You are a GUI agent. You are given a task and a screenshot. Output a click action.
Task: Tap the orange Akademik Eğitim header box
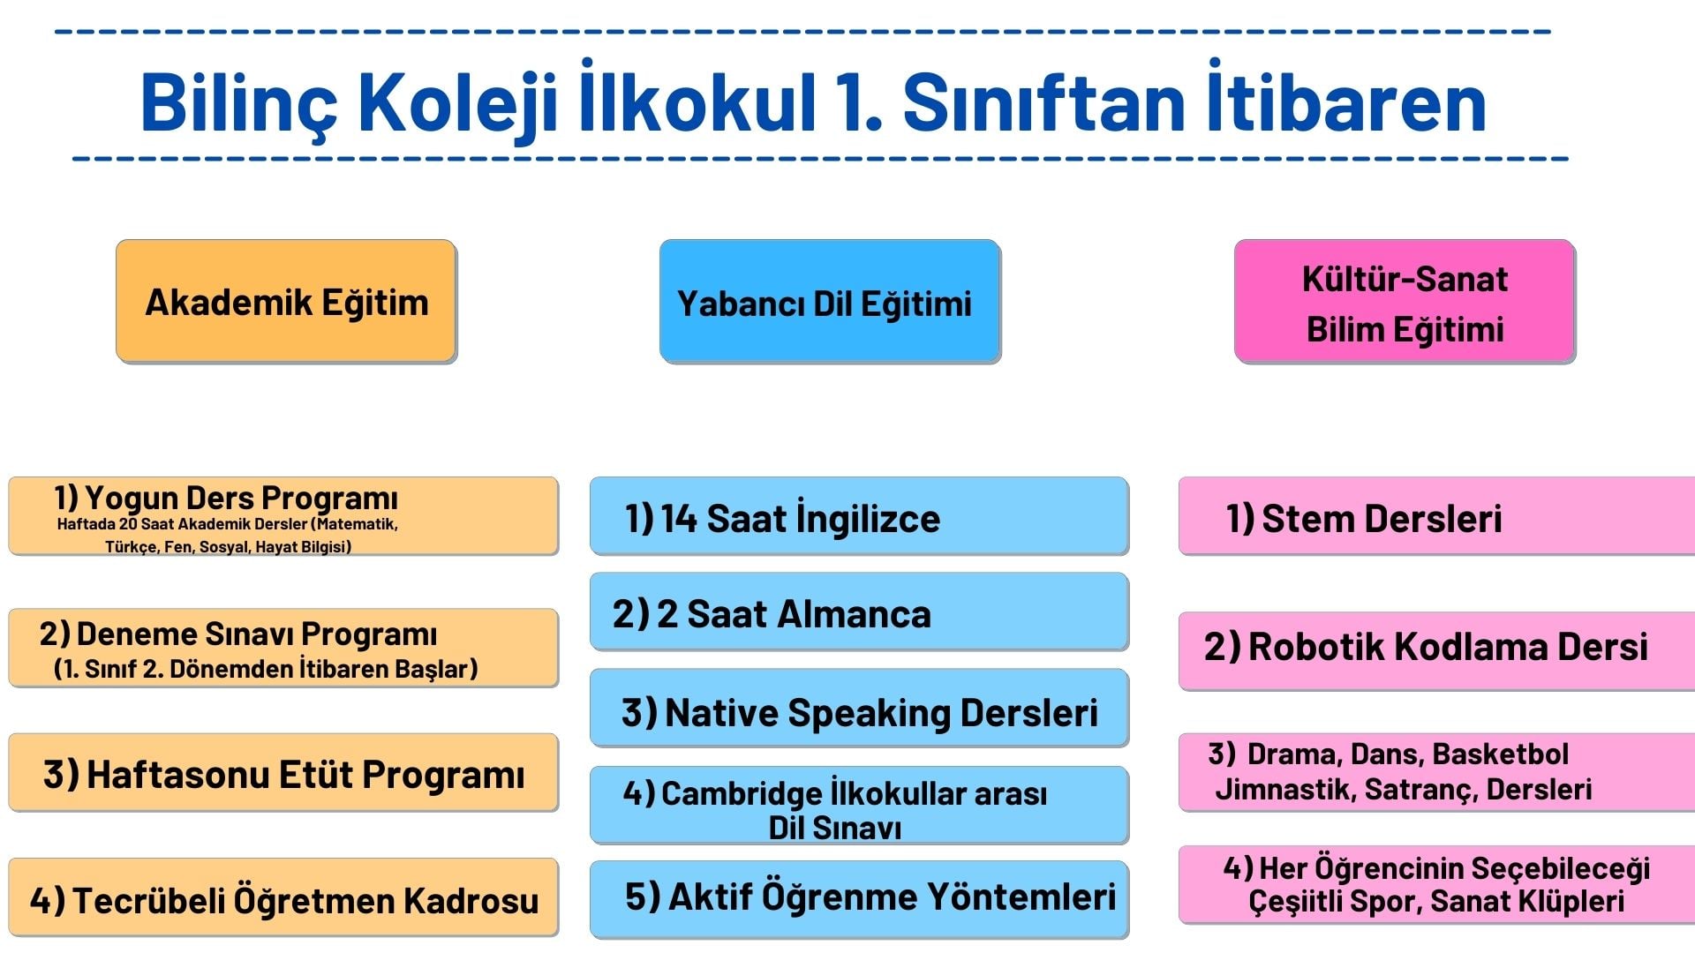287,301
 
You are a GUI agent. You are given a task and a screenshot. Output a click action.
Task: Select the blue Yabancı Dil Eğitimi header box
830,301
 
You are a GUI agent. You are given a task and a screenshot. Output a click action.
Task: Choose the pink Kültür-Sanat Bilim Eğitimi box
1405,301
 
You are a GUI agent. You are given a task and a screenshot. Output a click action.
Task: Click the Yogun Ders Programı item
283,516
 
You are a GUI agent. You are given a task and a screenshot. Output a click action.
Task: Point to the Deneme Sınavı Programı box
283,648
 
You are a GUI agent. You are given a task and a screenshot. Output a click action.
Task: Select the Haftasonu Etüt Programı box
283,772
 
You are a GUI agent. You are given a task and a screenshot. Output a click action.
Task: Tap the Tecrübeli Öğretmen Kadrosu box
283,897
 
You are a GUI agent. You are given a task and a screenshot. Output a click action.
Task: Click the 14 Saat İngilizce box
859,516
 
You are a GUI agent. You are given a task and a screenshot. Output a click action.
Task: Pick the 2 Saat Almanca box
859,612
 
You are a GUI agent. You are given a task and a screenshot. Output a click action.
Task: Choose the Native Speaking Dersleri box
859,708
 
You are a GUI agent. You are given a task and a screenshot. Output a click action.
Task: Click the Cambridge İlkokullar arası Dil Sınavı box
859,805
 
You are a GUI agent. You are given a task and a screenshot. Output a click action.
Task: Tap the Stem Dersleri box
1437,516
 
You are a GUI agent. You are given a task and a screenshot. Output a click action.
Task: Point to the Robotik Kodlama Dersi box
1437,650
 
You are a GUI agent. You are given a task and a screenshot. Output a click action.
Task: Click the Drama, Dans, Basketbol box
1437,772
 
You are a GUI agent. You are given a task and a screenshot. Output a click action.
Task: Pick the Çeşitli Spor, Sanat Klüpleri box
1437,885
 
